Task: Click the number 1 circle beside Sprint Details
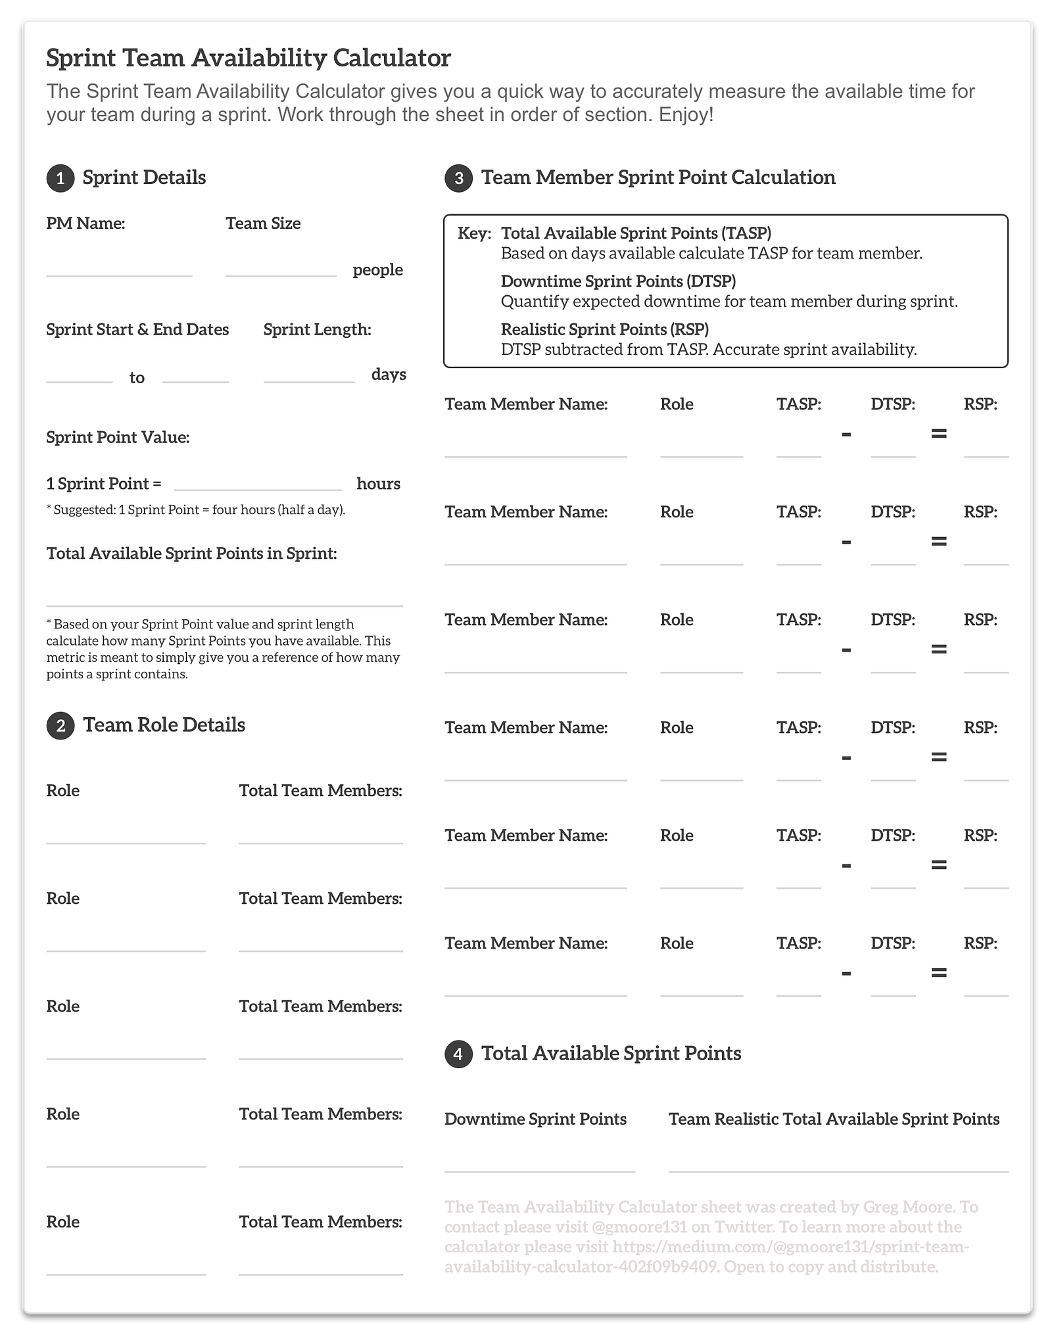(60, 179)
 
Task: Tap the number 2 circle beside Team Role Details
(60, 726)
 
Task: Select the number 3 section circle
(458, 179)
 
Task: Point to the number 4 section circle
(458, 1054)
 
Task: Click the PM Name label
(85, 223)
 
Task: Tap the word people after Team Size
(377, 270)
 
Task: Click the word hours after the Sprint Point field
(378, 484)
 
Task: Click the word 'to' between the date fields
(137, 378)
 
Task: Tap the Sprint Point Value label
(118, 438)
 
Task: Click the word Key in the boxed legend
(474, 233)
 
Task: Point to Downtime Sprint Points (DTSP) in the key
(618, 281)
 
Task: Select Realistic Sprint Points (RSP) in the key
(604, 329)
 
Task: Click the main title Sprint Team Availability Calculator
(249, 58)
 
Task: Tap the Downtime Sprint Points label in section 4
(535, 1119)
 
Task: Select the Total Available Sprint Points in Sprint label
(191, 553)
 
